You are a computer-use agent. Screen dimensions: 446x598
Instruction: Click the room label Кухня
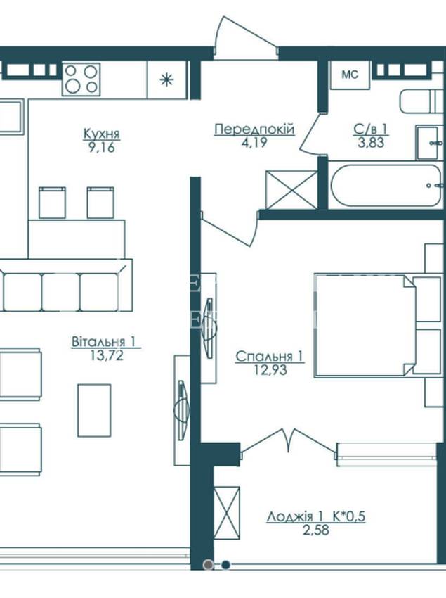101,134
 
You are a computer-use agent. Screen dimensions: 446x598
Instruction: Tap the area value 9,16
101,147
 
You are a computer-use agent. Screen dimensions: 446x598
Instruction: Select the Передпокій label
254,129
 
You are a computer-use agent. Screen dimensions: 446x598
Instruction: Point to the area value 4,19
254,143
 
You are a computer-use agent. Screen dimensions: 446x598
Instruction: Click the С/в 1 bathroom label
371,129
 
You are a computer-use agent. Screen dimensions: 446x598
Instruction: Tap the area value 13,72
107,355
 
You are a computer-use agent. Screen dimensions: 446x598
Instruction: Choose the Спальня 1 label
269,356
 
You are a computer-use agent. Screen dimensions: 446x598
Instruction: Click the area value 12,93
270,369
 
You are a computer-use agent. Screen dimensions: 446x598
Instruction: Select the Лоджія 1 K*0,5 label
316,517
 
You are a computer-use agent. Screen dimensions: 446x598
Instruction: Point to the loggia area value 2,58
316,530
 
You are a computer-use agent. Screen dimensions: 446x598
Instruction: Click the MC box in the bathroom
350,75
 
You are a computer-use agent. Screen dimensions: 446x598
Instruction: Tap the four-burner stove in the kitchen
81,79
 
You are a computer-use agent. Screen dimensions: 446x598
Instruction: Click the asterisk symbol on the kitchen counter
166,80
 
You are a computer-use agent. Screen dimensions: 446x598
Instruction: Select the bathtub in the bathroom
386,185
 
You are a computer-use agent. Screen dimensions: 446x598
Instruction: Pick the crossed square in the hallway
291,189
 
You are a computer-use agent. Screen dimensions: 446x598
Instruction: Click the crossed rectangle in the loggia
227,513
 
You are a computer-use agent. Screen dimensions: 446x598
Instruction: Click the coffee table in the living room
94,410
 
